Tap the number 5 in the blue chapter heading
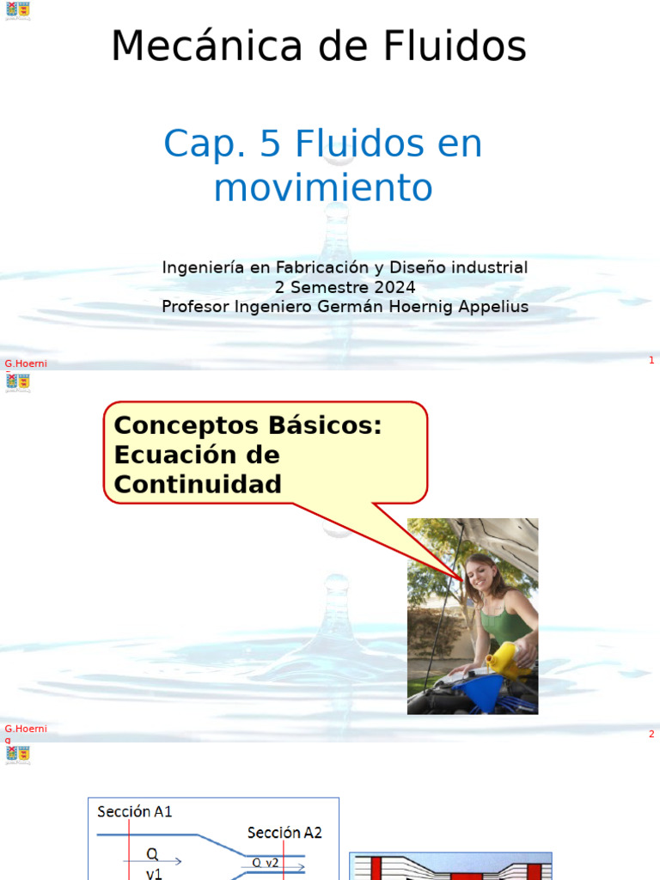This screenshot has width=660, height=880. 269,144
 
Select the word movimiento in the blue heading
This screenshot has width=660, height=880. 323,187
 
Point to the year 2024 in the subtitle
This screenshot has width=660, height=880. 396,287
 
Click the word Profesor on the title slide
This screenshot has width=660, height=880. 196,307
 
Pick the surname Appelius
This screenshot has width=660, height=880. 486,307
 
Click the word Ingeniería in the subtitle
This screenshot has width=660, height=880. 203,267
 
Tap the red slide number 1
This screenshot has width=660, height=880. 651,360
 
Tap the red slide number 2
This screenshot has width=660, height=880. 651,734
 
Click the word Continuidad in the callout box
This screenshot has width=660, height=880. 198,484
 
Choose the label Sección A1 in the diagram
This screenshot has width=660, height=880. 135,811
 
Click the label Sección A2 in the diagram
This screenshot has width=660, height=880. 284,832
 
